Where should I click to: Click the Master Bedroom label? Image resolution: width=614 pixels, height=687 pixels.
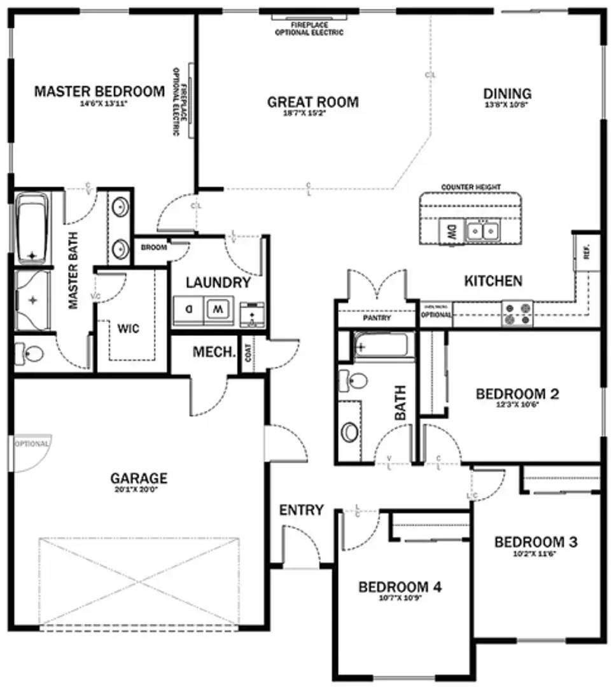click(x=99, y=92)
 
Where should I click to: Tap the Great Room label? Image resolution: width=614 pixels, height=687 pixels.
click(x=312, y=102)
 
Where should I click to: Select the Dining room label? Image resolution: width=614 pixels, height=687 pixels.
click(x=507, y=94)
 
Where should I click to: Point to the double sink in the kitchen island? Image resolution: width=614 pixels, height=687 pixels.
click(x=482, y=230)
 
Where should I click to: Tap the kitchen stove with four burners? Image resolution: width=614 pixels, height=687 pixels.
click(x=517, y=314)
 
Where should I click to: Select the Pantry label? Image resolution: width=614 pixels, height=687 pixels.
click(x=377, y=318)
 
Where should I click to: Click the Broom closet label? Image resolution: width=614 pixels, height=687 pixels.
click(x=153, y=247)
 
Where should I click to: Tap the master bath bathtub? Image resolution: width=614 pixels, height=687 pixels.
click(x=32, y=229)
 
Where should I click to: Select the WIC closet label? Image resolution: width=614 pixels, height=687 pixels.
click(x=128, y=329)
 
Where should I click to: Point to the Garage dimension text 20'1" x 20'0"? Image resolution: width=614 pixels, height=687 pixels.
click(x=139, y=490)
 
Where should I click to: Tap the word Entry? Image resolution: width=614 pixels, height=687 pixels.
click(x=302, y=510)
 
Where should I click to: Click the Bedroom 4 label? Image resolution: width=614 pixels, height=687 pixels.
click(x=400, y=587)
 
